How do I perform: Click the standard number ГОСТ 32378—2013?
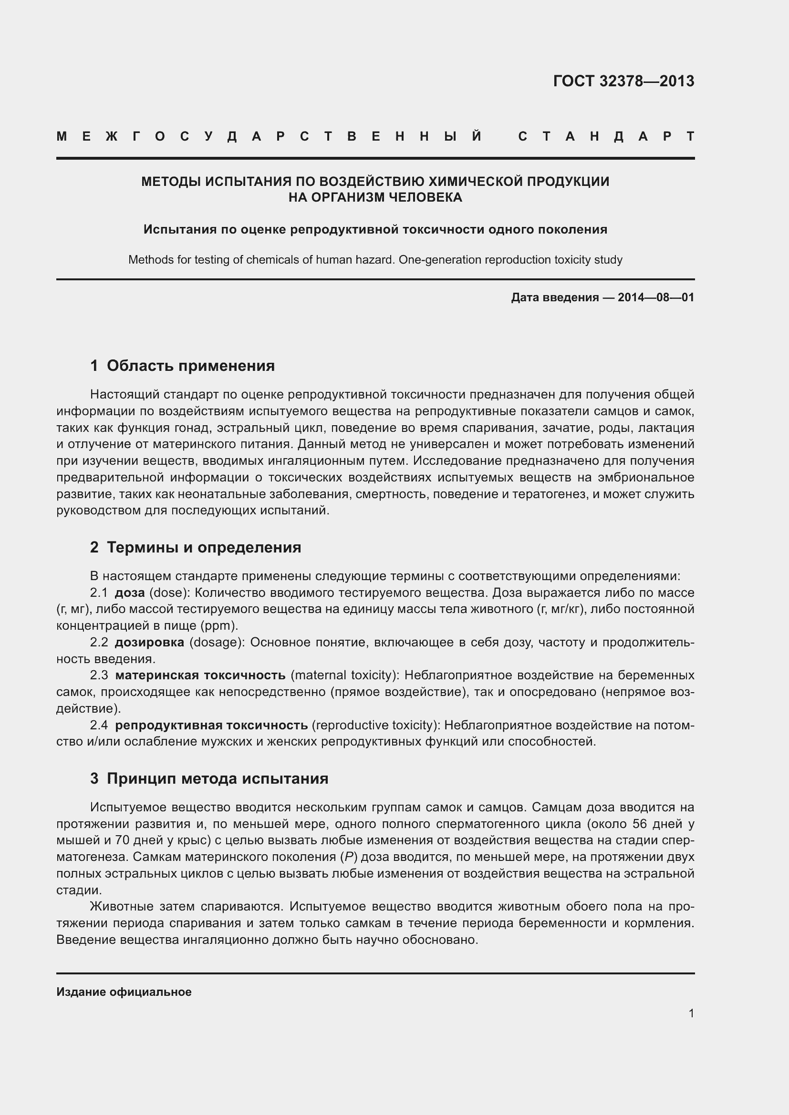pyautogui.click(x=623, y=81)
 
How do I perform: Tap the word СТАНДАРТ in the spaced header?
pyautogui.click(x=606, y=136)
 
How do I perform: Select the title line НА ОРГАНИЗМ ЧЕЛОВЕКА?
pyautogui.click(x=375, y=198)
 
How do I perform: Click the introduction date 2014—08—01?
pyautogui.click(x=656, y=297)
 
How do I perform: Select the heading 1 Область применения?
pyautogui.click(x=182, y=366)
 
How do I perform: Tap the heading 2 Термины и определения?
pyautogui.click(x=195, y=547)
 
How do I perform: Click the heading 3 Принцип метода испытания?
pyautogui.click(x=209, y=778)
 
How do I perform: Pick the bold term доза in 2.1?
pyautogui.click(x=130, y=593)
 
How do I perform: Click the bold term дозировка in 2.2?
pyautogui.click(x=149, y=643)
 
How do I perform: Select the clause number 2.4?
pyautogui.click(x=99, y=725)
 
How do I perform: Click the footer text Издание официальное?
pyautogui.click(x=124, y=992)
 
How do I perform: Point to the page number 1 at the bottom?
pyautogui.click(x=691, y=1013)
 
